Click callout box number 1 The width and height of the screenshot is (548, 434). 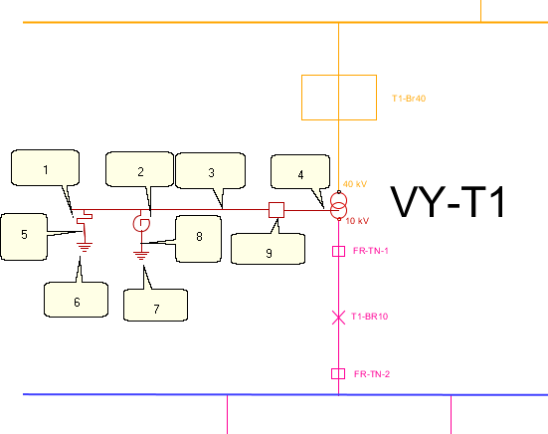tap(46, 168)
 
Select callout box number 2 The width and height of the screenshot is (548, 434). tap(140, 169)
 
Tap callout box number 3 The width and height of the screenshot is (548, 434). tap(211, 171)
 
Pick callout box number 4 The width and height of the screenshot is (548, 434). tap(300, 172)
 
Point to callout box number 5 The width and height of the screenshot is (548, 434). tap(24, 237)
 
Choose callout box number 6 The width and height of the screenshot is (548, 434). tap(77, 300)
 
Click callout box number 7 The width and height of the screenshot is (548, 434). tap(155, 305)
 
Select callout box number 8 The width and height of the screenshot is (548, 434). tap(199, 239)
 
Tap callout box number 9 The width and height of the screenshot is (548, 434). tap(269, 249)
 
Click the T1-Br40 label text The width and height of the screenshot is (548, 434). tap(409, 99)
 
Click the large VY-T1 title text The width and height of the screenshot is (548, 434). tap(448, 202)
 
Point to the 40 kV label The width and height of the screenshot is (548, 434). tap(355, 184)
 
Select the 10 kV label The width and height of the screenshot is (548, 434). tap(357, 221)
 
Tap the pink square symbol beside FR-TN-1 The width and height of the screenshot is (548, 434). tap(339, 251)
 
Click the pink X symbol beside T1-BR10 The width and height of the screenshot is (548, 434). tap(338, 318)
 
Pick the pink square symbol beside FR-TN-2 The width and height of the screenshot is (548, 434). tap(338, 374)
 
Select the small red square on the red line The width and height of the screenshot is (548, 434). tap(276, 210)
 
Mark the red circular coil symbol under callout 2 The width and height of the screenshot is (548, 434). tap(141, 223)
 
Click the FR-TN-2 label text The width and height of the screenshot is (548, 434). tap(372, 374)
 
